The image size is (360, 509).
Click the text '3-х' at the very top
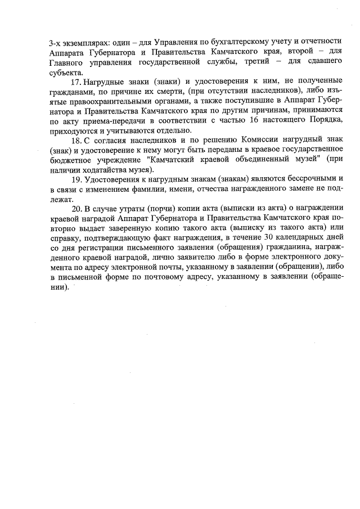(x=56, y=42)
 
